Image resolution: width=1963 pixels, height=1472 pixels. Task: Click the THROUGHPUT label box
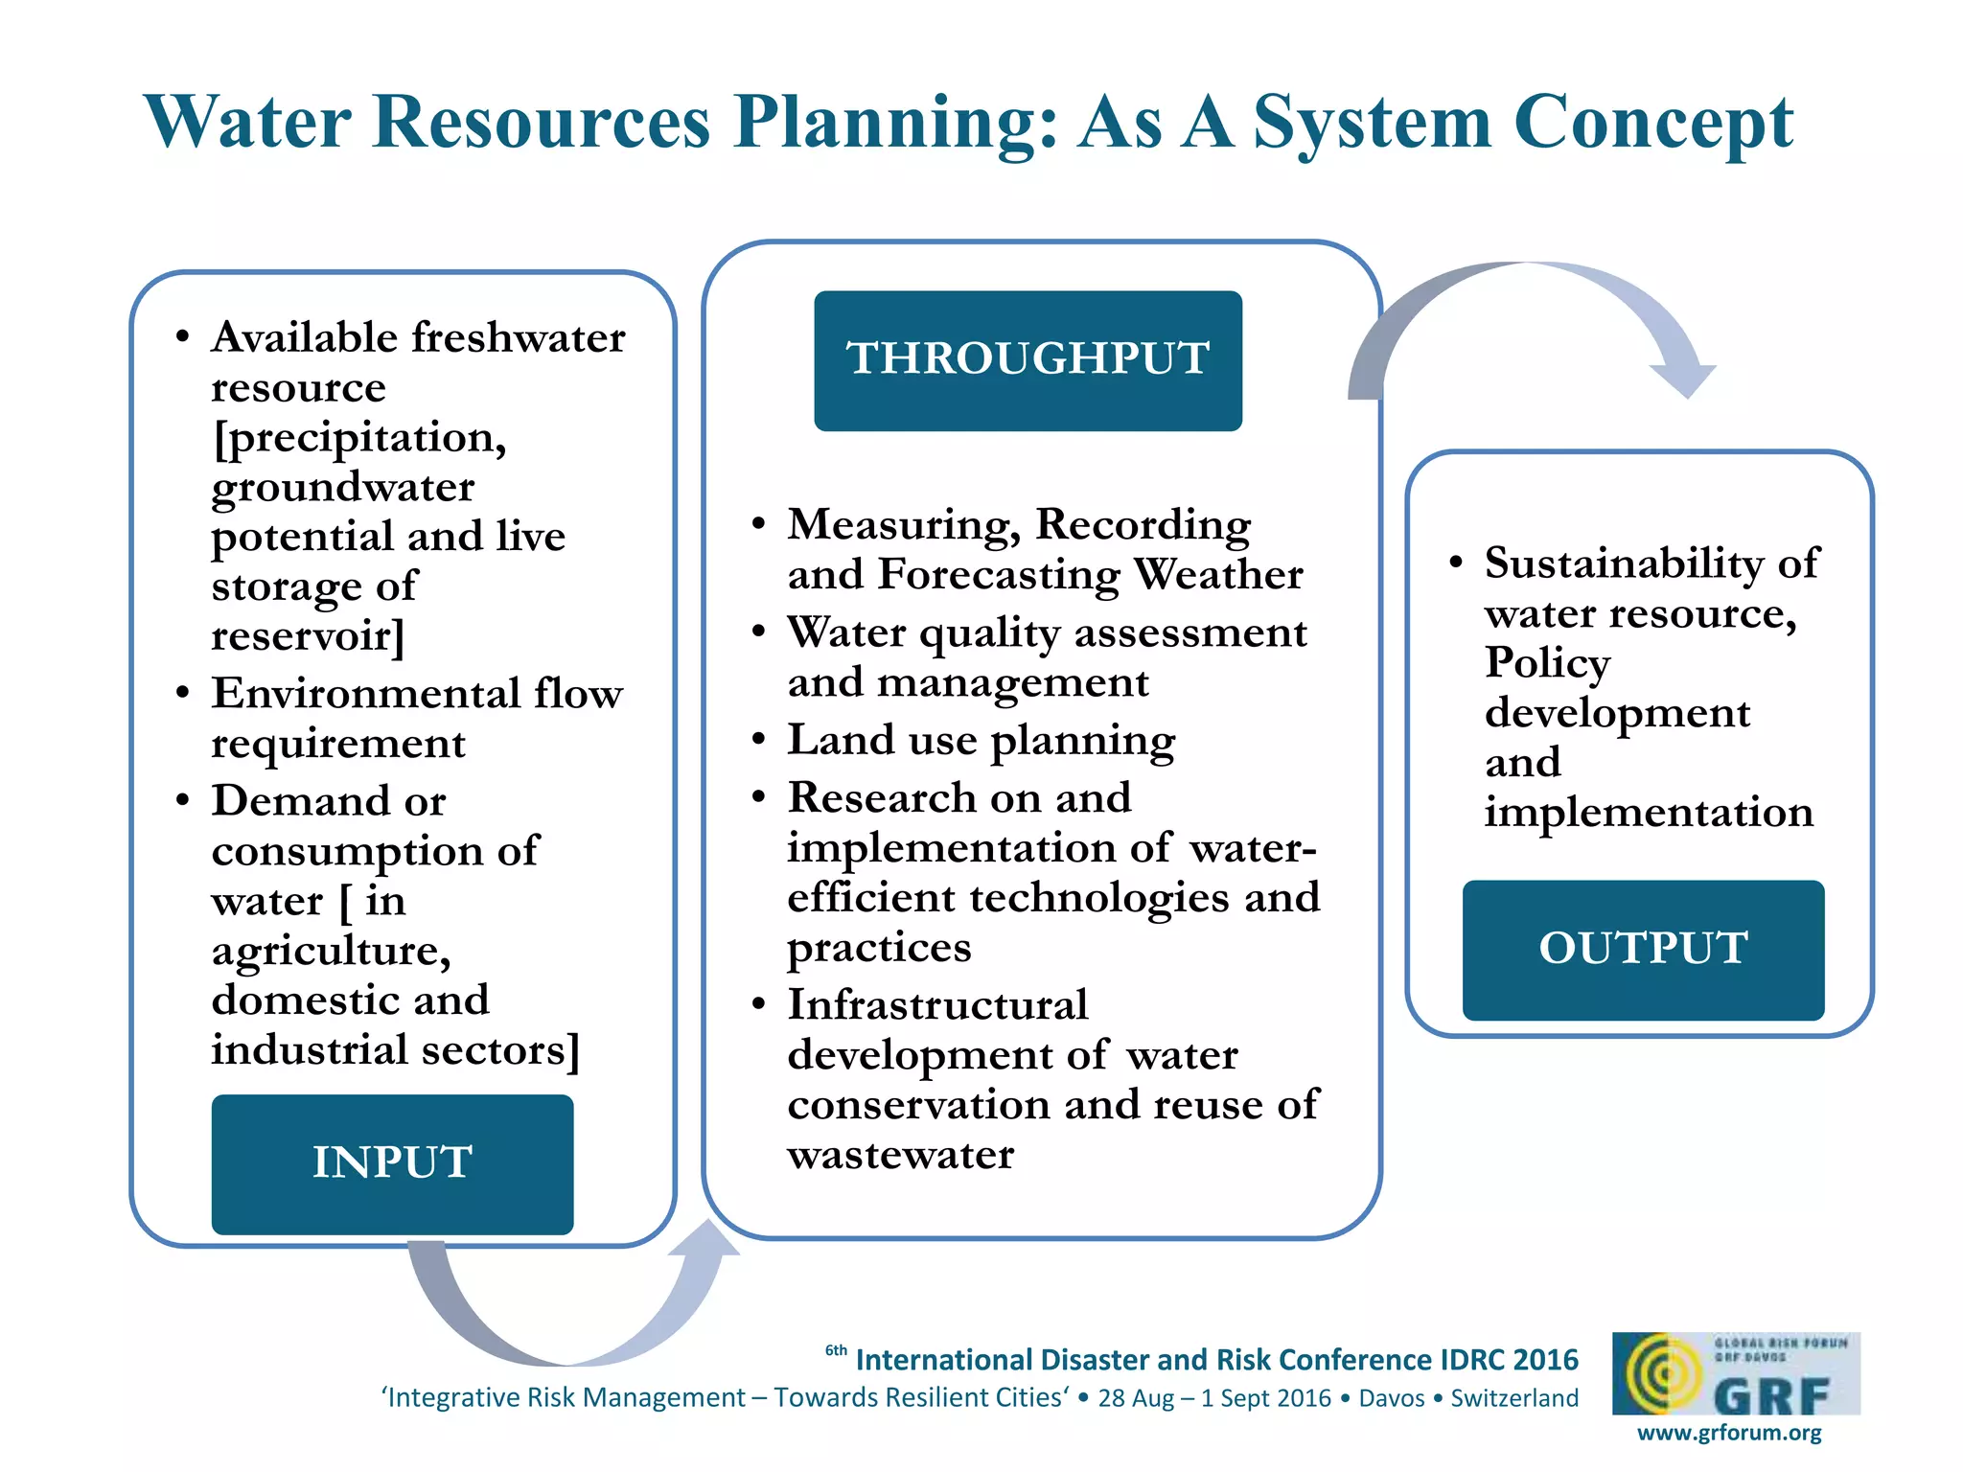(1028, 360)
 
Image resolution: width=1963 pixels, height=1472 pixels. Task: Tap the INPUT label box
(392, 1163)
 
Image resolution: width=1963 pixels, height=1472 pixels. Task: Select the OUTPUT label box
(1643, 950)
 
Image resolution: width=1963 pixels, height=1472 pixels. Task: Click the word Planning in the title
(896, 123)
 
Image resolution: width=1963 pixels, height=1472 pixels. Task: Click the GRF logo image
(1735, 1373)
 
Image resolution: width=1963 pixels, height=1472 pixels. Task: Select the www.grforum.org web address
(1729, 1433)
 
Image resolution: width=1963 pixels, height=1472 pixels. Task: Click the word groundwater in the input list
(342, 487)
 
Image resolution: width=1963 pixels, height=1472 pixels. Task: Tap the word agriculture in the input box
(331, 950)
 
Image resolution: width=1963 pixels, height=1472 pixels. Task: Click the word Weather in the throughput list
(1218, 574)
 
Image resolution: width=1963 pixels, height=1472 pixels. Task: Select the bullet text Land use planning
(981, 740)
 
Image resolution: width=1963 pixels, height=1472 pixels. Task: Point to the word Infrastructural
(937, 1005)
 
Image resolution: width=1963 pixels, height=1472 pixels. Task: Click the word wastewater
(900, 1155)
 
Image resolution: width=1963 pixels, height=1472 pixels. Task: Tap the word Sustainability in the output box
(1623, 563)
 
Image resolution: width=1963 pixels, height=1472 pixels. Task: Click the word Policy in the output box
(1547, 662)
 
